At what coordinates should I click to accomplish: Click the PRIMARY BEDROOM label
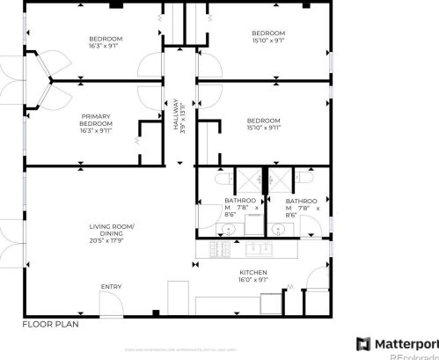tap(96, 120)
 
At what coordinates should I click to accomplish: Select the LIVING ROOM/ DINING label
tap(111, 230)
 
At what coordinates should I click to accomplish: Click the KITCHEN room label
tap(252, 272)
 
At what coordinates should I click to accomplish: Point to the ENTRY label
tap(111, 287)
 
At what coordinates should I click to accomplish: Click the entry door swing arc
tap(110, 305)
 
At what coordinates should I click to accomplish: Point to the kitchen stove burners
tap(217, 252)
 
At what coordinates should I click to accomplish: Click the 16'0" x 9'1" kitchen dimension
tap(252, 279)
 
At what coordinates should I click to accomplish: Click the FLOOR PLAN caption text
tap(51, 324)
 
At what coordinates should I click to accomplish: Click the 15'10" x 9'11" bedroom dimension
tap(263, 128)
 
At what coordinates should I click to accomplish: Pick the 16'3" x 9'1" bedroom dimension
tap(106, 46)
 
